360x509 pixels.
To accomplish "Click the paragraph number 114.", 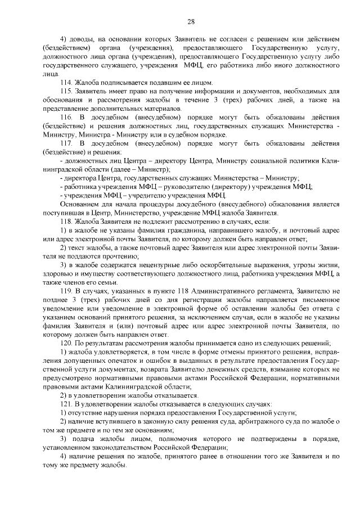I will [x=66, y=82].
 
